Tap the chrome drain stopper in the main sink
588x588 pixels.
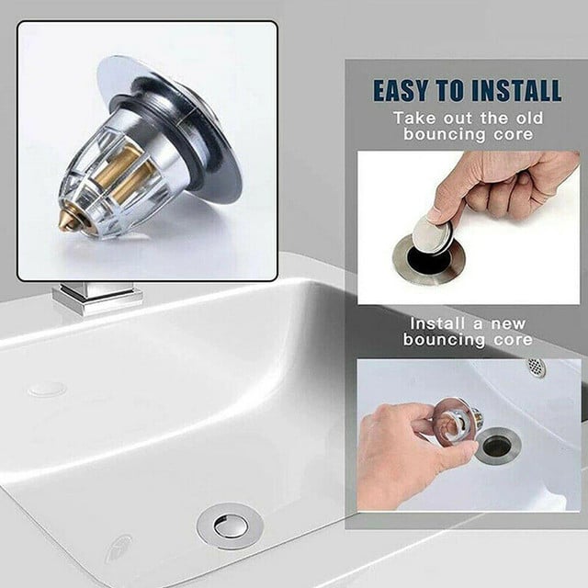(230, 525)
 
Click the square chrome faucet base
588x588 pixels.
(97, 299)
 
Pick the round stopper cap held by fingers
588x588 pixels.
(432, 234)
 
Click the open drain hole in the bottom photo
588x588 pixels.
(497, 446)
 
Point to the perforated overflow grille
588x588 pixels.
(537, 367)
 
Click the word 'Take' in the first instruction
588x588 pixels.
(414, 118)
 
